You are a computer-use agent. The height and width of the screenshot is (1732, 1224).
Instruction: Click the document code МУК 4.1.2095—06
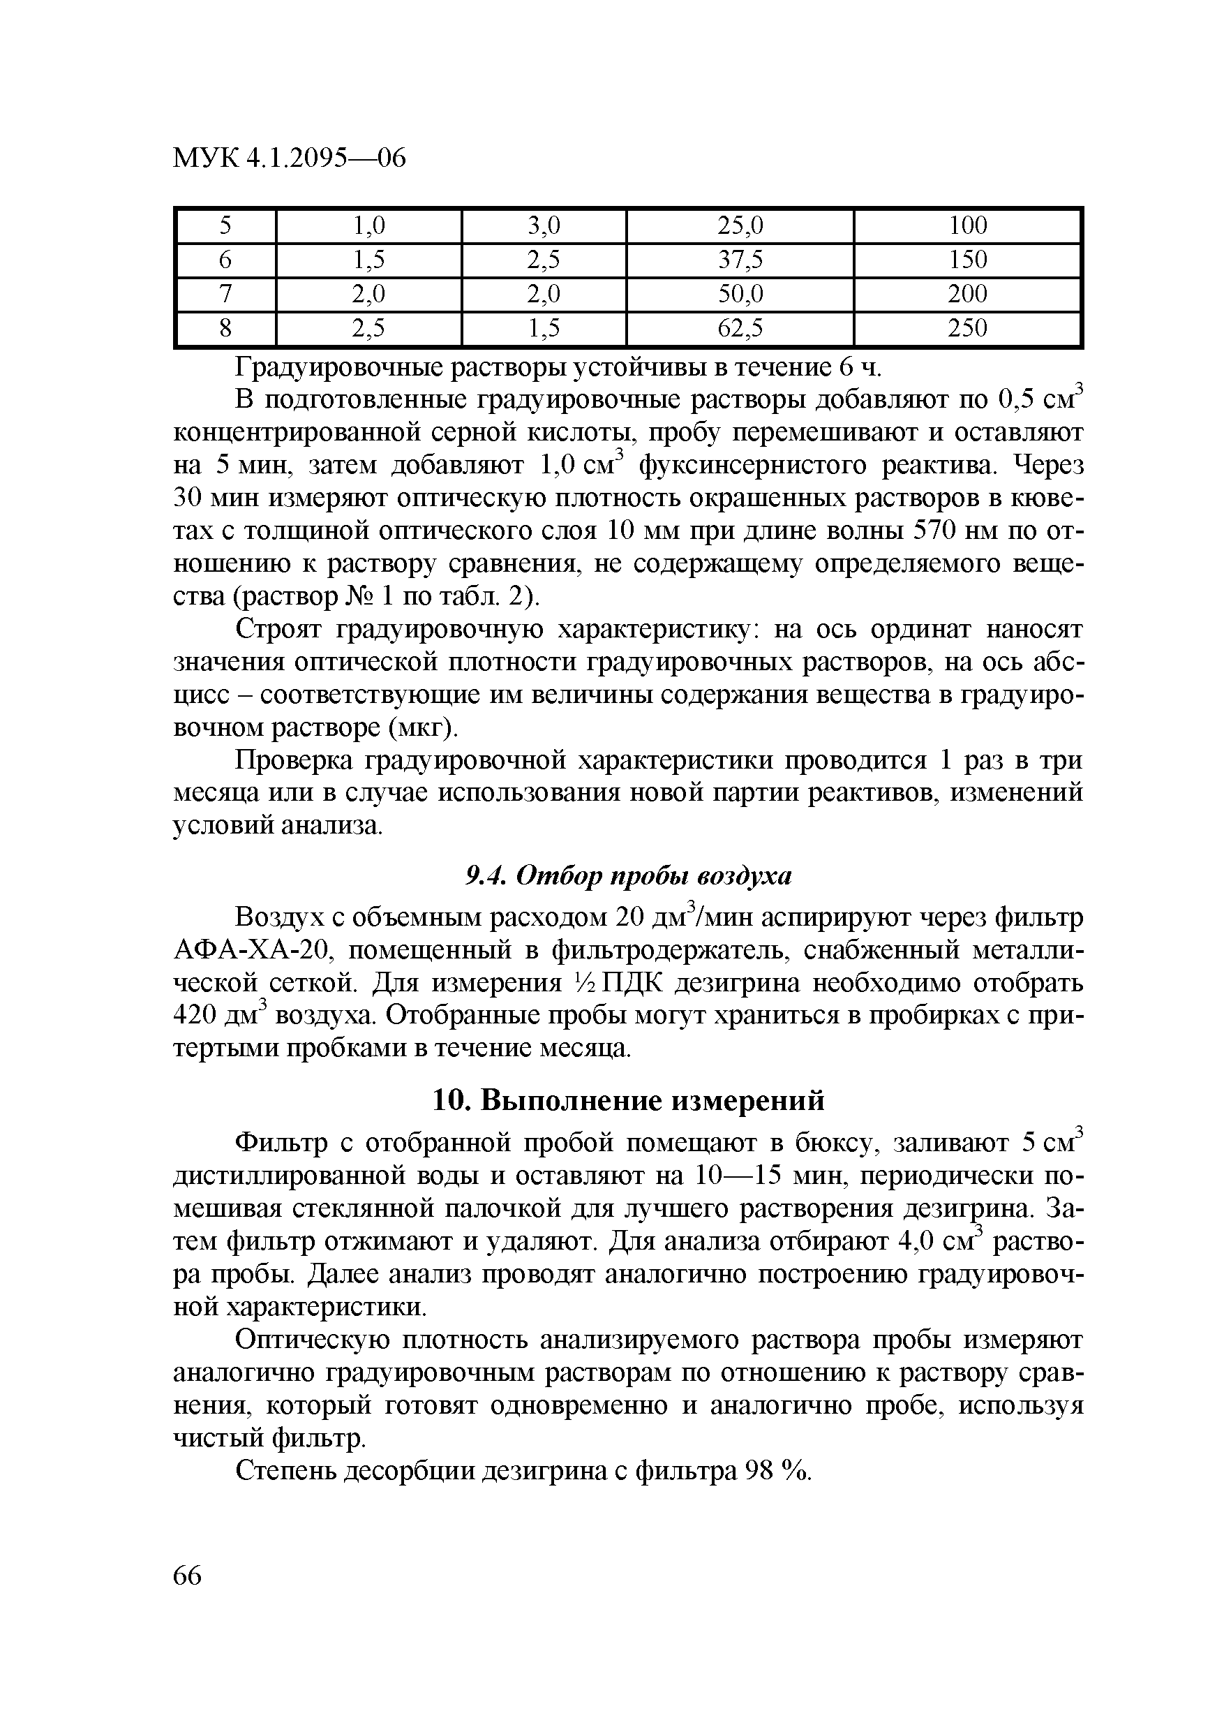290,158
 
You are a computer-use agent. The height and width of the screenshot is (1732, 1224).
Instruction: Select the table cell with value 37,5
740,260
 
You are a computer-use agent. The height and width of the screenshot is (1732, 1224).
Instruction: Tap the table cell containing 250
968,328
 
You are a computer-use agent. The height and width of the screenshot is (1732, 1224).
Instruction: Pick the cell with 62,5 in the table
740,328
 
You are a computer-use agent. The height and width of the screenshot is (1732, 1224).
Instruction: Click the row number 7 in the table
225,294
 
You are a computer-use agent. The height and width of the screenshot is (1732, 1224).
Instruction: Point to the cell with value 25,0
740,225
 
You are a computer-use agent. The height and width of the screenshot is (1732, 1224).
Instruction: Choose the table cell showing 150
968,260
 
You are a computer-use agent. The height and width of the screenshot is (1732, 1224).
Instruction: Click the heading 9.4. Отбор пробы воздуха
627,876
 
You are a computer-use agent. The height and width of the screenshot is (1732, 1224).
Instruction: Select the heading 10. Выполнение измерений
628,1101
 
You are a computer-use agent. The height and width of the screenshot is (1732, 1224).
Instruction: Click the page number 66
188,1576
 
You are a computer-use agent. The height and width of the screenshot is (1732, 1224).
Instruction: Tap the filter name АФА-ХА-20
253,951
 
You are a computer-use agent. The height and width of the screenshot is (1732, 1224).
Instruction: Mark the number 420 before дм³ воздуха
195,1016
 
